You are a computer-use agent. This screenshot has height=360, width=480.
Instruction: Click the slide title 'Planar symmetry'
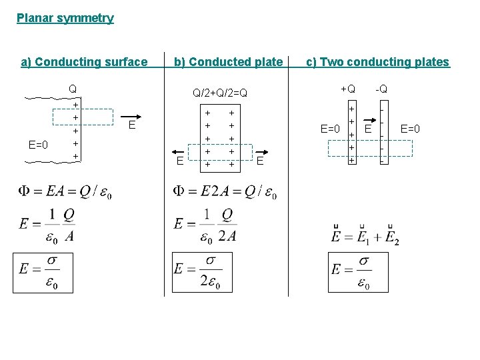65,18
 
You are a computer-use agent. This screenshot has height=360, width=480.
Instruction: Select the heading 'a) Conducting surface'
84,62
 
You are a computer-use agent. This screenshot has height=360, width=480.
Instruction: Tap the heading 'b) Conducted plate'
228,62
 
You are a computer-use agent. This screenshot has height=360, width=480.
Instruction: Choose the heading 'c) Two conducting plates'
377,62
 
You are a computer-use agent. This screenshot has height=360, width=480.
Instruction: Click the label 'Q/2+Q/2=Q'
219,93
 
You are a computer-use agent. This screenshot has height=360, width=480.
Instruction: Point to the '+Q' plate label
348,89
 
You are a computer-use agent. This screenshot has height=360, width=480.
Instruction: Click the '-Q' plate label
381,89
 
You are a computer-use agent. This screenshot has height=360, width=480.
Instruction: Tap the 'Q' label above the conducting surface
73,89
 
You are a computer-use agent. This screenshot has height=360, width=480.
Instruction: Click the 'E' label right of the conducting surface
132,125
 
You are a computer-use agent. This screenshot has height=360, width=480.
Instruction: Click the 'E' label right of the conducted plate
260,160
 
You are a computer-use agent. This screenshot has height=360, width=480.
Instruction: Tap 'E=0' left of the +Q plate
331,128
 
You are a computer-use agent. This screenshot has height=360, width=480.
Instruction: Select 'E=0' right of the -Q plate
410,128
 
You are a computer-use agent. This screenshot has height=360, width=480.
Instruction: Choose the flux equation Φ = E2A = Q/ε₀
225,192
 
